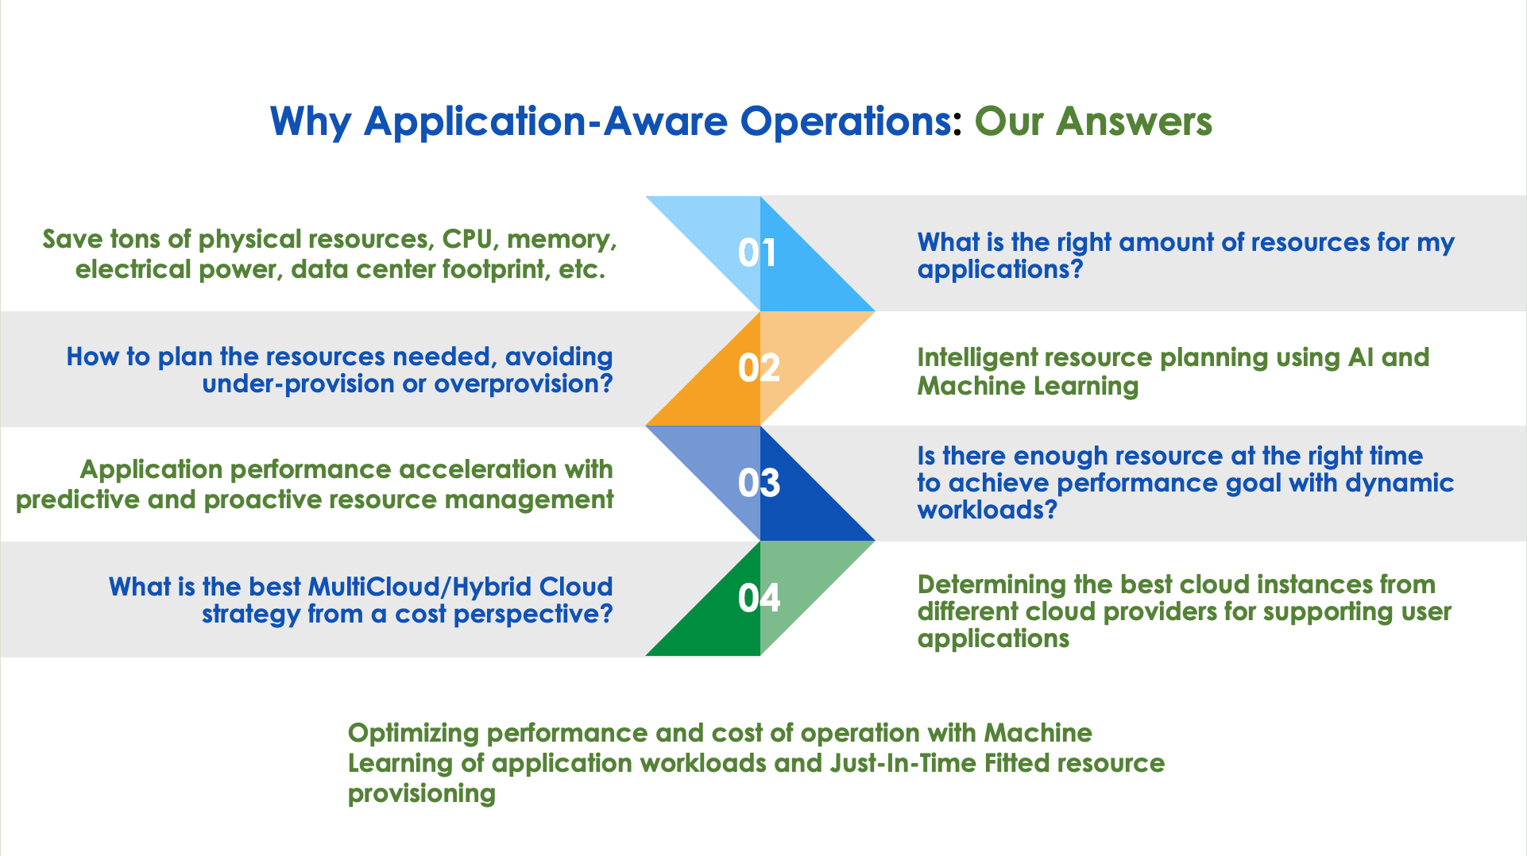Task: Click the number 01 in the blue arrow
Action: tap(758, 253)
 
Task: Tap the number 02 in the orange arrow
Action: tap(759, 368)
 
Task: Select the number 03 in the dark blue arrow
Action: tap(759, 484)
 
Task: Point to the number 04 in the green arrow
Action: tap(759, 598)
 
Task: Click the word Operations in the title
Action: tap(845, 123)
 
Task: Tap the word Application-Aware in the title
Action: tap(546, 123)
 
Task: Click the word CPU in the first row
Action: tap(466, 239)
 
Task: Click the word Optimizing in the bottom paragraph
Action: tap(413, 734)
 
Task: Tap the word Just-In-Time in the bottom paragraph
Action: tap(903, 763)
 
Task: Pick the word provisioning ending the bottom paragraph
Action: tap(422, 794)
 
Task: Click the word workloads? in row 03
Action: tap(988, 510)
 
